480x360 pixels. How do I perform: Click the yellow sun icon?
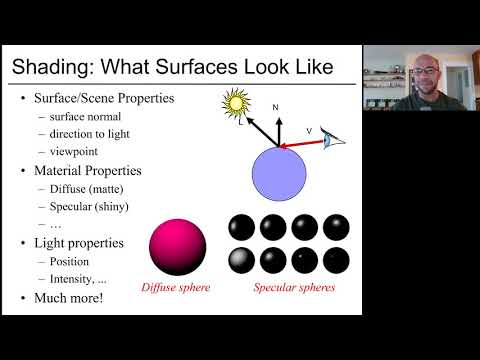(x=236, y=103)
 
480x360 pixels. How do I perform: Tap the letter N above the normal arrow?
(x=275, y=107)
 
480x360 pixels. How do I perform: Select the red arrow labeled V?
(x=302, y=144)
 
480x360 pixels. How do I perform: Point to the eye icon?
(x=332, y=138)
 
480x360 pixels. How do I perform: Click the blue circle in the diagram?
(x=279, y=174)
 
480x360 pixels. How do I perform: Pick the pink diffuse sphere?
(x=178, y=247)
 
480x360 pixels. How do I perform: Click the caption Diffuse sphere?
(x=176, y=287)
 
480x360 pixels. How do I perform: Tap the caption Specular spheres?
(x=294, y=287)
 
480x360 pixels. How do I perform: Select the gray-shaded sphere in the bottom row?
(x=242, y=260)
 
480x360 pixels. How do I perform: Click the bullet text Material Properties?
(x=88, y=171)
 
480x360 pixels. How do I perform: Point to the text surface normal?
(x=85, y=117)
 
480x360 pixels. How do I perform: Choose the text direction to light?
(x=89, y=134)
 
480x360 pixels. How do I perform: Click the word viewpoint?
(x=74, y=152)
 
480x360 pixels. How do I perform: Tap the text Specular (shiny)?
(x=89, y=207)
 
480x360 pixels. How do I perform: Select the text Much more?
(x=69, y=298)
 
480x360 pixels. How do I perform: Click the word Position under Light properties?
(x=69, y=262)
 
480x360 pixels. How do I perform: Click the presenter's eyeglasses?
(x=424, y=71)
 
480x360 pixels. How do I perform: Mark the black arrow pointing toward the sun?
(x=263, y=132)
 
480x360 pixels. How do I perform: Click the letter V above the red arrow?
(x=309, y=131)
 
